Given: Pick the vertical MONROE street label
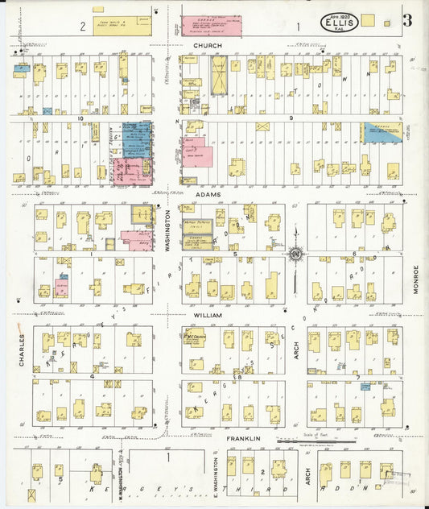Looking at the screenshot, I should point(416,278).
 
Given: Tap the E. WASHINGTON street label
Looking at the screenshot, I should point(217,476).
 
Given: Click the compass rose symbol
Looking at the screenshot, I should point(295,257).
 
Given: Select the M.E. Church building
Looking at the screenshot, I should point(193,336).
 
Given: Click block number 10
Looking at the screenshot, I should point(80,118).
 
